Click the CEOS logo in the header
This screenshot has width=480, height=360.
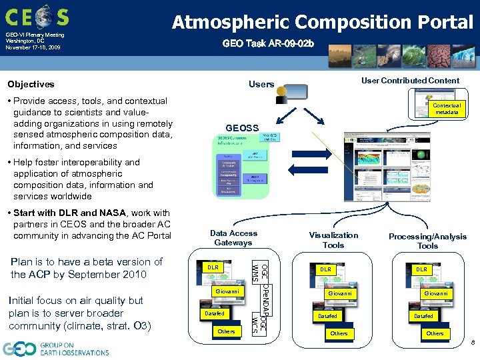37,15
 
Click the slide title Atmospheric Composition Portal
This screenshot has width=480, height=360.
323,22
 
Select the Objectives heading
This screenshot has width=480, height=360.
31,84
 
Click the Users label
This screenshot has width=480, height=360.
261,84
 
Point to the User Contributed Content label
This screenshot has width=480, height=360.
410,81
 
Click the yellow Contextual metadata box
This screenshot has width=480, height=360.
446,109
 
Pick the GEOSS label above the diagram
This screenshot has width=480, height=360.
242,127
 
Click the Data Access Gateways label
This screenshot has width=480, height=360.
233,238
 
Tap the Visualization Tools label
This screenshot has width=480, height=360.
333,240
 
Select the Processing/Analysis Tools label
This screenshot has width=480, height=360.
427,241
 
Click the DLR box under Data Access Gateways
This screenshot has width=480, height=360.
213,267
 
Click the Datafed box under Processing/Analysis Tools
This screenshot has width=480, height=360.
423,316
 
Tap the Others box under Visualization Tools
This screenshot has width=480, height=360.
339,333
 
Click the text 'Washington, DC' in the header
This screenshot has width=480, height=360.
24,41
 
